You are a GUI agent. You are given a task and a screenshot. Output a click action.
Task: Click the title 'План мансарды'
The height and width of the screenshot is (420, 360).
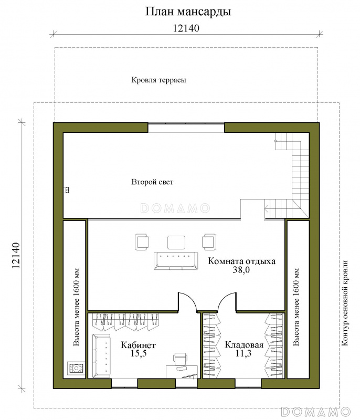pyautogui.click(x=188, y=12)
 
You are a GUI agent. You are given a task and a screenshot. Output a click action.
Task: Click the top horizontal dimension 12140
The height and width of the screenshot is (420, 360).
pyautogui.click(x=186, y=28)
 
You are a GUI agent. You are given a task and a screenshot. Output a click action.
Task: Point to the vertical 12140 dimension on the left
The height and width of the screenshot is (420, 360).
pyautogui.click(x=16, y=256)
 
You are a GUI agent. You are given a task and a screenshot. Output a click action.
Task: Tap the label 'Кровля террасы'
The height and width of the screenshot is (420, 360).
pyautogui.click(x=158, y=80)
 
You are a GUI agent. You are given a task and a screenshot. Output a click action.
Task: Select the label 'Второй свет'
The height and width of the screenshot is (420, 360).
pyautogui.click(x=152, y=182)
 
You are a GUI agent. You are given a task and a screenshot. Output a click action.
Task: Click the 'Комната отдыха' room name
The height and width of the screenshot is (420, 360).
pyautogui.click(x=242, y=261)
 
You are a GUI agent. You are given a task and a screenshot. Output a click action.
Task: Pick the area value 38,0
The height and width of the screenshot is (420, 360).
pyautogui.click(x=241, y=270)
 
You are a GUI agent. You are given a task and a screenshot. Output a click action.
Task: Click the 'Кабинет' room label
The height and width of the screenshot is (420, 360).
pyautogui.click(x=138, y=345)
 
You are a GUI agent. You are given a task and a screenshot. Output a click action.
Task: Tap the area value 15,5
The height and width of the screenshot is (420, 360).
pyautogui.click(x=139, y=353)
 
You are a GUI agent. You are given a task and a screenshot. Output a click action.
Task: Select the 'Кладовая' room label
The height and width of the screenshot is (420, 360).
pyautogui.click(x=244, y=344)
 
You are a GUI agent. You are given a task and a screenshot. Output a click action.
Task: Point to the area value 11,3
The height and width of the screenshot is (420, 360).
pyautogui.click(x=243, y=353)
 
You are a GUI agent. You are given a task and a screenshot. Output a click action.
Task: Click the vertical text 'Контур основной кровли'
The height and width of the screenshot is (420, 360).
pyautogui.click(x=345, y=303)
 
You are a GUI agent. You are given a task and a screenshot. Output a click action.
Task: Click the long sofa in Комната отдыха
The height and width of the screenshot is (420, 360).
pyautogui.click(x=176, y=261)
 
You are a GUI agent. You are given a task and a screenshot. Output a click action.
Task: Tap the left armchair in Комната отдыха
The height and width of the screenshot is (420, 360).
pyautogui.click(x=142, y=242)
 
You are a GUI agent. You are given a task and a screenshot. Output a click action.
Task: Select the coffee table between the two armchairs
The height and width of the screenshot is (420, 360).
pyautogui.click(x=176, y=243)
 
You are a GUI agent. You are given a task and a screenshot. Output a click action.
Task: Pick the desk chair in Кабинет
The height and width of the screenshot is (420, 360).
pyautogui.click(x=181, y=359)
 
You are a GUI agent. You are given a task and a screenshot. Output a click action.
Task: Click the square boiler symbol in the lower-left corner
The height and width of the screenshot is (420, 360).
pyautogui.click(x=76, y=369)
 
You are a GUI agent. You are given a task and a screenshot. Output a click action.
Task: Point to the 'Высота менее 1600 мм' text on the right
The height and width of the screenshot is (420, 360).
pyautogui.click(x=296, y=307)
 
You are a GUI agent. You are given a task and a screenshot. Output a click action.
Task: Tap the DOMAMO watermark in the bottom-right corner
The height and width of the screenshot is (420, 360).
pyautogui.click(x=316, y=412)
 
